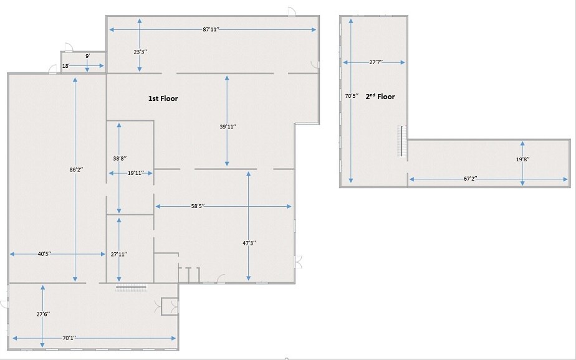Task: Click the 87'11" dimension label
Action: [x=211, y=29]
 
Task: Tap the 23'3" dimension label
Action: [x=140, y=52]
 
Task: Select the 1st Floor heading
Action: [x=163, y=98]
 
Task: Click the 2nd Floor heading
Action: [x=380, y=97]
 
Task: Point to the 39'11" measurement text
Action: [x=228, y=126]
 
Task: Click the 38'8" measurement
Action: [x=120, y=159]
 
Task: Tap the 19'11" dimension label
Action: [x=135, y=173]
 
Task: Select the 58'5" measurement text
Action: [x=198, y=206]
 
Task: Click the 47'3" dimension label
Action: [x=249, y=243]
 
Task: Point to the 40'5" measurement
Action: [x=44, y=254]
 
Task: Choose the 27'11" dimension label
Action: [x=119, y=254]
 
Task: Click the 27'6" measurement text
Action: [x=43, y=314]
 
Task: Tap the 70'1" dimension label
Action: [x=69, y=338]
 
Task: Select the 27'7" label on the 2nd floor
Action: [x=376, y=62]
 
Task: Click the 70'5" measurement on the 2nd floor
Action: [x=352, y=96]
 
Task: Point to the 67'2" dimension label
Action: [x=471, y=179]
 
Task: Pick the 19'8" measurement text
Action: [x=523, y=159]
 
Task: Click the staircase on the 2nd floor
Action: [x=403, y=143]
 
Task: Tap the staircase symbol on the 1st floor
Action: [x=131, y=287]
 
